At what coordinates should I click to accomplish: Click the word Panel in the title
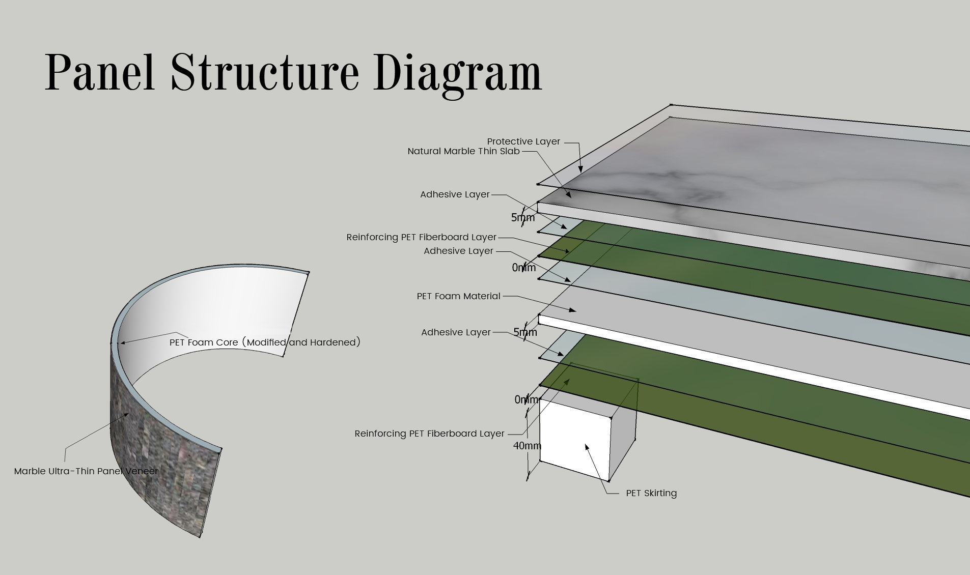click(100, 73)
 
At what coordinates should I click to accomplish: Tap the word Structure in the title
click(264, 73)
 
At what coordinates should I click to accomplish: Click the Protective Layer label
click(523, 141)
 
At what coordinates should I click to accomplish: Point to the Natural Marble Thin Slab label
click(463, 151)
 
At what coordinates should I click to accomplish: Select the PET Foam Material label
click(458, 296)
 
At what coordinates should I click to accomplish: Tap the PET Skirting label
click(651, 493)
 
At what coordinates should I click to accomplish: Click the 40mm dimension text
click(527, 446)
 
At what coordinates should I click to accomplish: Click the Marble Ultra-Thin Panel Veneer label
click(86, 471)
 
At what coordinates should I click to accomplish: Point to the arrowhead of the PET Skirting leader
click(587, 447)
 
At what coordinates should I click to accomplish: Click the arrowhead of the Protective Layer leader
click(580, 169)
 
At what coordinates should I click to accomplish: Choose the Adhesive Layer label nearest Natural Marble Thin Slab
click(455, 194)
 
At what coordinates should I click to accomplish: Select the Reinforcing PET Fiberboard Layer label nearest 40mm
click(429, 434)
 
